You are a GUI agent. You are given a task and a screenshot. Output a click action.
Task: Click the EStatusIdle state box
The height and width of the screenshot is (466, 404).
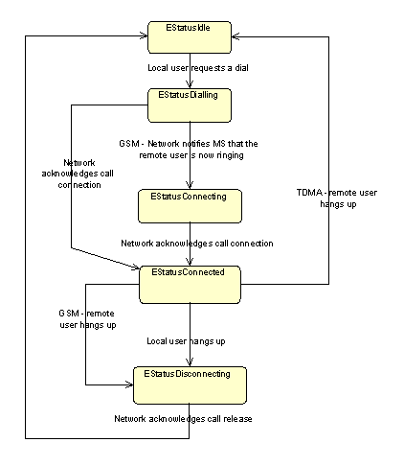click(x=190, y=37)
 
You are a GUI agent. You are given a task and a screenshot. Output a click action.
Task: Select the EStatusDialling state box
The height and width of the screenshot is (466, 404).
click(x=190, y=105)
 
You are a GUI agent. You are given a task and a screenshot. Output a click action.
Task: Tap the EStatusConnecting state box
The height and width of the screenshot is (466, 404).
click(x=190, y=206)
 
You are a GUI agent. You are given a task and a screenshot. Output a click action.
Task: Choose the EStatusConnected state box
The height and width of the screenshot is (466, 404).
click(x=190, y=285)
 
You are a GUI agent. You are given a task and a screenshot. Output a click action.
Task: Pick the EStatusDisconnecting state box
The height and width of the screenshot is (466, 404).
click(x=190, y=385)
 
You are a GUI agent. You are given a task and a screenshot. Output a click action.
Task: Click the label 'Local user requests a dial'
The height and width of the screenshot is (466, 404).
click(x=198, y=68)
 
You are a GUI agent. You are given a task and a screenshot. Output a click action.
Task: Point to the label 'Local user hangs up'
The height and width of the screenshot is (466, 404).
click(x=186, y=341)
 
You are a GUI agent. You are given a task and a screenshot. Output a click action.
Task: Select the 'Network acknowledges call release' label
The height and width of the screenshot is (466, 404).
click(x=183, y=419)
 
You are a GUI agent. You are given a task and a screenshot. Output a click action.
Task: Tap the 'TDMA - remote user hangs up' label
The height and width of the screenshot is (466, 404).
click(x=337, y=198)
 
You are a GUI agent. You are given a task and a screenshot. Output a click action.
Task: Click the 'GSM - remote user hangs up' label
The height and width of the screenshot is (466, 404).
click(x=87, y=319)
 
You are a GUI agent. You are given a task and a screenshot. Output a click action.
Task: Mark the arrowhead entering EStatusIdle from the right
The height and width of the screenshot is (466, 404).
click(x=236, y=36)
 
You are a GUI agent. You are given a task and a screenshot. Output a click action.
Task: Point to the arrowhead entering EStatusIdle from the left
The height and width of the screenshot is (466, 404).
click(x=144, y=35)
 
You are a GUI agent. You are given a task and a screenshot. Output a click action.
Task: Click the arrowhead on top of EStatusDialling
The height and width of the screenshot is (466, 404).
click(x=190, y=84)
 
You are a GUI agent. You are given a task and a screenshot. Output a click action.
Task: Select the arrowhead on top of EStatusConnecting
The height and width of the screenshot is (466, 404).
click(x=190, y=185)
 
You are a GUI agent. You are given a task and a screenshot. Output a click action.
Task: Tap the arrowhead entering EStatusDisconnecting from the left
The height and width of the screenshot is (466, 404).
click(x=129, y=384)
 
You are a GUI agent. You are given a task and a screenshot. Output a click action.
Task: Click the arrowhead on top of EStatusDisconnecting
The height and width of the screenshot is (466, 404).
click(x=190, y=362)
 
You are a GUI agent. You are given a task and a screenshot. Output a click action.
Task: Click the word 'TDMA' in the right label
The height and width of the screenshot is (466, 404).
click(x=309, y=193)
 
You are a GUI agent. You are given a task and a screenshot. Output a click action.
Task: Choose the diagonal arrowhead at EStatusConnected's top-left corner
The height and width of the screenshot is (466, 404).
click(x=135, y=267)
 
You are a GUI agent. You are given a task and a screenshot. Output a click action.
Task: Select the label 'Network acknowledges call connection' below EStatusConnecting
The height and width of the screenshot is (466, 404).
click(x=197, y=244)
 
